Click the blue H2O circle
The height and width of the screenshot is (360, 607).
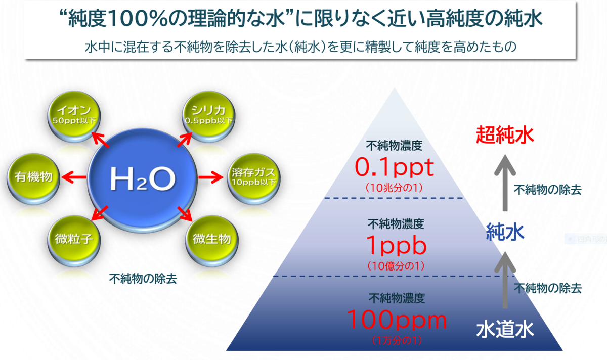point(143,180)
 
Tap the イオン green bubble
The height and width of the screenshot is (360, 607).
point(74,116)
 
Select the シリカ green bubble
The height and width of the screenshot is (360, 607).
point(208,116)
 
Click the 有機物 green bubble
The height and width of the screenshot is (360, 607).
point(33,179)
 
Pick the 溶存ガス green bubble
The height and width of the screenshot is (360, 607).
point(253,179)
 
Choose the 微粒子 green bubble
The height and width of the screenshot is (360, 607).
point(74,241)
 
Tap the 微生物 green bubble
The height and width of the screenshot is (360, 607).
point(211,241)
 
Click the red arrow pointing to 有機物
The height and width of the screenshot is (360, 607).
point(74,177)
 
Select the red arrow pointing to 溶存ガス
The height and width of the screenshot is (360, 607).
point(211,177)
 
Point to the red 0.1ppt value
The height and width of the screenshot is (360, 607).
point(394,167)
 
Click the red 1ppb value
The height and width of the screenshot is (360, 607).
point(396,245)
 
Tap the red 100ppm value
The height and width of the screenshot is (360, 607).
point(397,320)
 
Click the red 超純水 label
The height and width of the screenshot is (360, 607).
point(505,134)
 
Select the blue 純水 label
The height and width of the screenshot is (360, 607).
point(505,232)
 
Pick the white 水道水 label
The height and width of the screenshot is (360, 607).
point(505,329)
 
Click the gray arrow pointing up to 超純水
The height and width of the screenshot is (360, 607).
point(505,183)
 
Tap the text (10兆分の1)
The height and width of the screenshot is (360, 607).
point(394,188)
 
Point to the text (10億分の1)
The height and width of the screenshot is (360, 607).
point(396,266)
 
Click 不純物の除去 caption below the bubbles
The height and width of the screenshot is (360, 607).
point(143,279)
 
